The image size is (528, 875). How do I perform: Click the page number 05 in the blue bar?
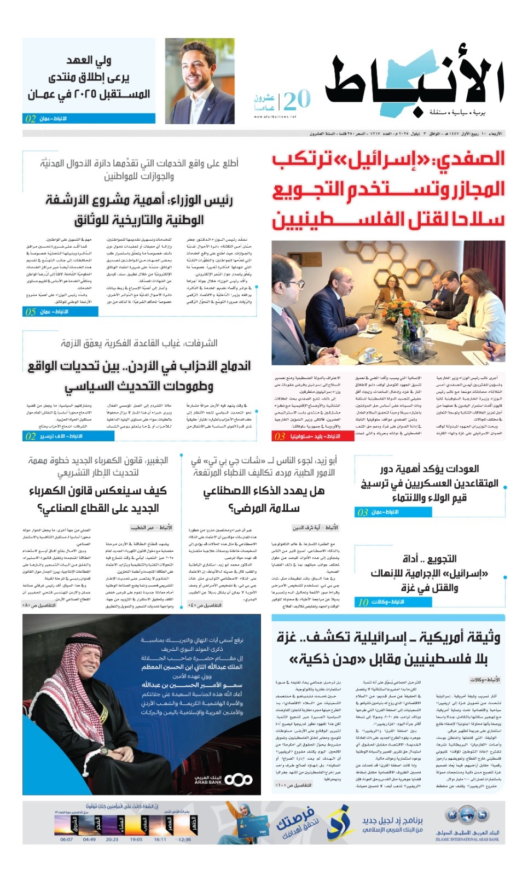[x=31, y=312]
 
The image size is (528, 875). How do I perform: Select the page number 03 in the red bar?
[x=280, y=436]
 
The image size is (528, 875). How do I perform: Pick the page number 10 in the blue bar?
[x=363, y=602]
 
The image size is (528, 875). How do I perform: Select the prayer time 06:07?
[x=66, y=839]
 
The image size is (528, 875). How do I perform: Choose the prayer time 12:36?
[x=185, y=839]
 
